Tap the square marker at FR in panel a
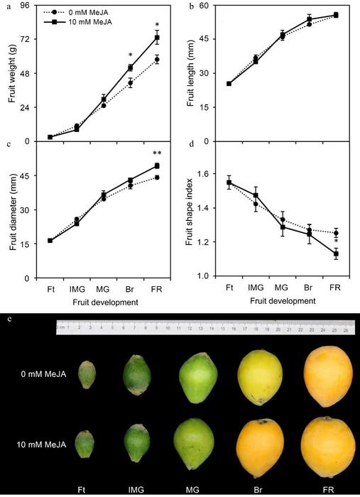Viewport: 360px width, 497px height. click(x=158, y=38)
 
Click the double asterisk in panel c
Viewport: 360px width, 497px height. click(x=156, y=153)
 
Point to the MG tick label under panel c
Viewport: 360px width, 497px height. click(x=104, y=289)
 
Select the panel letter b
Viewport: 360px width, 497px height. click(x=192, y=6)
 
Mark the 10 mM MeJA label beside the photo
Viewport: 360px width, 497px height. click(x=42, y=445)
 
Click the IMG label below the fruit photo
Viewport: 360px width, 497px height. click(x=137, y=489)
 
